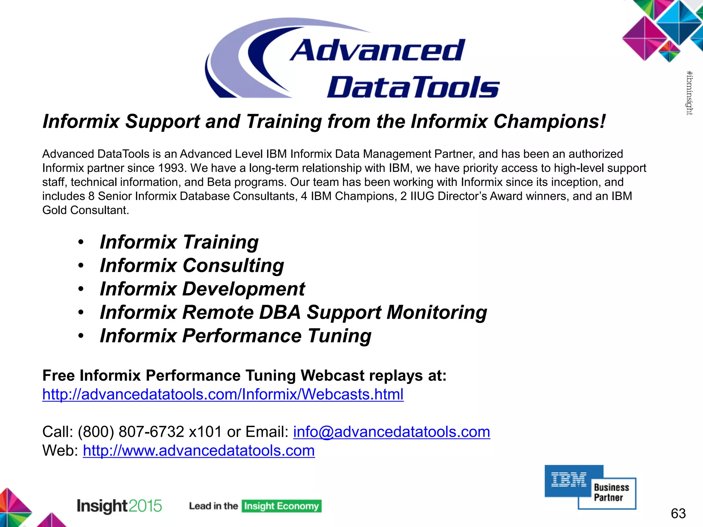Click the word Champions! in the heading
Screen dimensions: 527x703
pos(549,121)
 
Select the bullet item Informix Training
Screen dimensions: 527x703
pos(179,242)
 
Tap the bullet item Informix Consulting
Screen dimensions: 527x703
pos(192,266)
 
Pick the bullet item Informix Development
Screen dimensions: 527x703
pos(202,289)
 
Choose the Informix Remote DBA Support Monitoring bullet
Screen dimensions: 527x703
pos(293,312)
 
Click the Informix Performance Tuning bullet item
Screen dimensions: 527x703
pos(235,336)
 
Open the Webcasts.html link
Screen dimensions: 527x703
pos(223,394)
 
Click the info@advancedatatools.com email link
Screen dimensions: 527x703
pos(391,432)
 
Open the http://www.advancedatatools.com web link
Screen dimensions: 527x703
pos(199,450)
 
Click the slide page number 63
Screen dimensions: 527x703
pos(678,513)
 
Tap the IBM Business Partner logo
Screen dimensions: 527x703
pos(590,487)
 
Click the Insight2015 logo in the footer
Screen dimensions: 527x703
pos(119,506)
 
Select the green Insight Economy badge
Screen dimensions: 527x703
pos(281,506)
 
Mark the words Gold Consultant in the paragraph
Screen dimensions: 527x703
pos(85,210)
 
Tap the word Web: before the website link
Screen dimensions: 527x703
pos(60,450)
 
